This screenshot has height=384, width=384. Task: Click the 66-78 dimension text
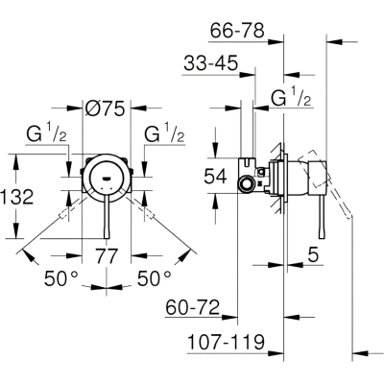coord(237,31)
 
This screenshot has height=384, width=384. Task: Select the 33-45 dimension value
coord(211,63)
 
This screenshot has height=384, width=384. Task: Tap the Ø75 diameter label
coord(105,108)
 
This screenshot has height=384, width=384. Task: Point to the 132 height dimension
coord(16,197)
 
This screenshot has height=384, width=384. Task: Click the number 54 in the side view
coord(215,177)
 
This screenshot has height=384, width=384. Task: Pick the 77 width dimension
coord(107,255)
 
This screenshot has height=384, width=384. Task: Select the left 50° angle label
coord(60,278)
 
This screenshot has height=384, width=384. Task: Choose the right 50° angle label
coord(154,278)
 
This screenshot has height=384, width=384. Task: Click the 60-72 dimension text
coord(193,307)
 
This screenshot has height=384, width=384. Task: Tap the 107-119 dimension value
coord(226,342)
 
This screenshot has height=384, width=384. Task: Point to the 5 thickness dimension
coord(314,255)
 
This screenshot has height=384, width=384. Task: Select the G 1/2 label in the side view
coord(291,96)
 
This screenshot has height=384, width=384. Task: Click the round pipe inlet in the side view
coord(247,184)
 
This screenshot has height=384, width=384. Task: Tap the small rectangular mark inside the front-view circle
coord(106,178)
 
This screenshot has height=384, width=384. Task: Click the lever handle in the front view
coord(107,218)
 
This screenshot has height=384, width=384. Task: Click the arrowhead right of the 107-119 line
coord(360,353)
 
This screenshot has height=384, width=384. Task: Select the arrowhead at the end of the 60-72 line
coord(229,317)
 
